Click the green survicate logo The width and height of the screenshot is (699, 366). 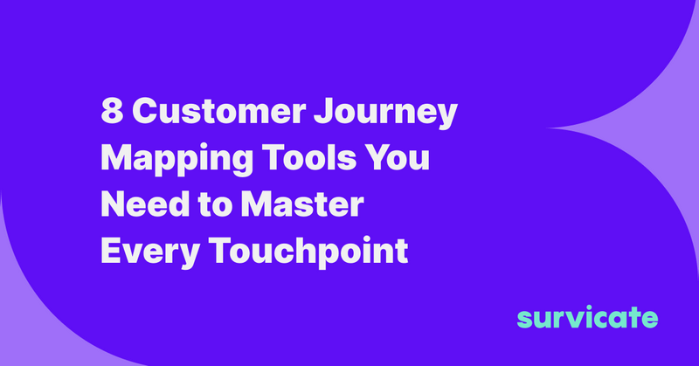(586, 316)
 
